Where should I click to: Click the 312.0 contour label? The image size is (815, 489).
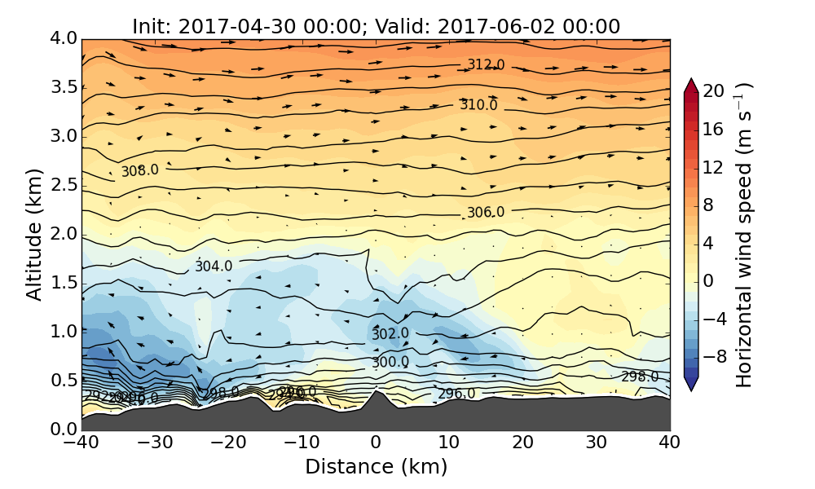[486, 64]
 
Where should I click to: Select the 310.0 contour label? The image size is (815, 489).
[478, 105]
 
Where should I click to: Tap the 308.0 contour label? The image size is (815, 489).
[140, 171]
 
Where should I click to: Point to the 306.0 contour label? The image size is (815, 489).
[486, 212]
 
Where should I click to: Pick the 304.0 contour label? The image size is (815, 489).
[214, 267]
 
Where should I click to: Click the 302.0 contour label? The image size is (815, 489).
[390, 334]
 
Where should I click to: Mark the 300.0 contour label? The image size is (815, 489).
[390, 362]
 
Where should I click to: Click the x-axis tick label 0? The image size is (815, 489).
[376, 443]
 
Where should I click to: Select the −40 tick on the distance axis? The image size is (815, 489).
[81, 443]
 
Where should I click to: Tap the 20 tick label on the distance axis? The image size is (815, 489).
[523, 443]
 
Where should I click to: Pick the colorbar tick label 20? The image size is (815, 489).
[714, 91]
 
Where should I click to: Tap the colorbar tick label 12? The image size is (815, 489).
[714, 167]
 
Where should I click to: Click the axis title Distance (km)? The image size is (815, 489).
[376, 467]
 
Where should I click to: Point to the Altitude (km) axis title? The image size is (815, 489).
[34, 234]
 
